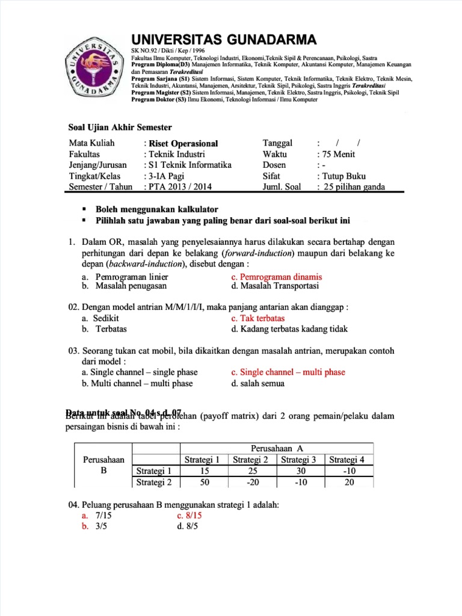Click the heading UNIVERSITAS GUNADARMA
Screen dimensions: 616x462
[x=224, y=40]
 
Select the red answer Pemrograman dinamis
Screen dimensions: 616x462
[x=277, y=277]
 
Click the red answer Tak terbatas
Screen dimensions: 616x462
[x=258, y=318]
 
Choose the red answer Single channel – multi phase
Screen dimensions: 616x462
[x=288, y=372]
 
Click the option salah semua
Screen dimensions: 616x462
[x=258, y=383]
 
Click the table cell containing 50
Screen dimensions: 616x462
[x=205, y=482]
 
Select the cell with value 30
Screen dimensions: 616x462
[x=301, y=470]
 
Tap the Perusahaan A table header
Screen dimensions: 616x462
[x=277, y=449]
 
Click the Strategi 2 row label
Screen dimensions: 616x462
[x=155, y=482]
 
